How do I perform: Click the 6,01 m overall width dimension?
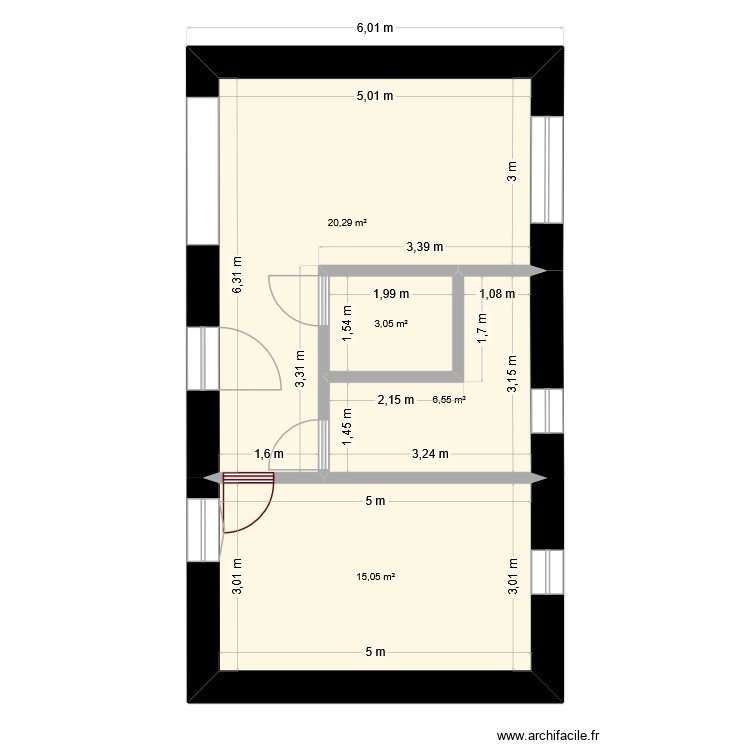(x=374, y=29)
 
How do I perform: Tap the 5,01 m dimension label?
(x=374, y=96)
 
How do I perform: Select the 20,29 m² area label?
(x=346, y=223)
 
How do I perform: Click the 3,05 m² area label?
(x=391, y=323)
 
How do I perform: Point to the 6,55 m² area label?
(x=449, y=400)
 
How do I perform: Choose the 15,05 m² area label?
(x=376, y=576)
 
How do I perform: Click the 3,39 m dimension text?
(x=425, y=247)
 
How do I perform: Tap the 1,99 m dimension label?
(x=391, y=294)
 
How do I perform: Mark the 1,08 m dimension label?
(x=497, y=294)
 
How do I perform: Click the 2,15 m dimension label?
(x=395, y=400)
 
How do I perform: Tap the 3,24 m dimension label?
(x=429, y=454)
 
